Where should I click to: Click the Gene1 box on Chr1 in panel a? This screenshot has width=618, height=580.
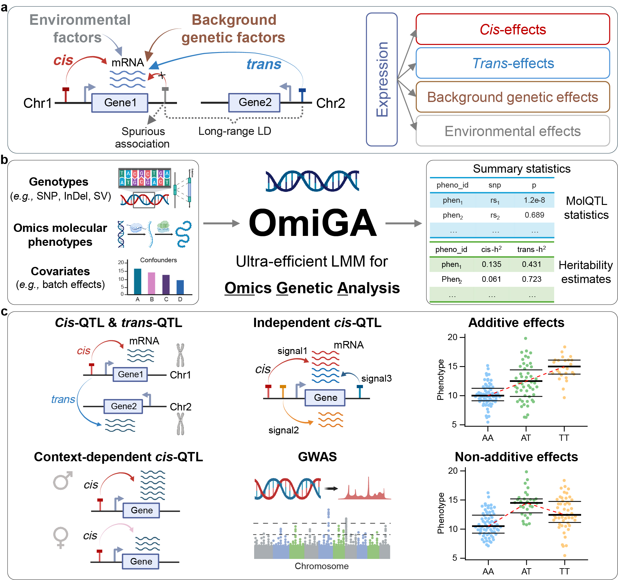tap(120, 103)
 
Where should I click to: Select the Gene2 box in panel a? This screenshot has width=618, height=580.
tap(254, 103)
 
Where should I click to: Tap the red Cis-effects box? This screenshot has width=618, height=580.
tap(512, 29)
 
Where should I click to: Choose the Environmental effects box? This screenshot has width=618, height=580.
tap(512, 131)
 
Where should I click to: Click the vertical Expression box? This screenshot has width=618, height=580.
tap(382, 79)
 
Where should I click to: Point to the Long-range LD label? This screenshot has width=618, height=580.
tap(235, 131)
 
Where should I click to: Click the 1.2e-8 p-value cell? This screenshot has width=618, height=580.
tap(534, 200)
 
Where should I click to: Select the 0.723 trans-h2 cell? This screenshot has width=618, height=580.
tap(531, 279)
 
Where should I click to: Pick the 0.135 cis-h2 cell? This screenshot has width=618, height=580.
tap(491, 264)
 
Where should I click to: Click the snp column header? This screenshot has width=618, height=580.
tap(494, 185)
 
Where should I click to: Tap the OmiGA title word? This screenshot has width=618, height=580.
tap(312, 223)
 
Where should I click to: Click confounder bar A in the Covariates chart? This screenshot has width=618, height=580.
tap(137, 281)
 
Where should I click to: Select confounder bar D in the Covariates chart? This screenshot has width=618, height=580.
tap(180, 287)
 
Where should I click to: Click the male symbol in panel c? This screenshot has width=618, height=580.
tap(63, 480)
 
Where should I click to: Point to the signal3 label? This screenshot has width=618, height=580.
tap(376, 379)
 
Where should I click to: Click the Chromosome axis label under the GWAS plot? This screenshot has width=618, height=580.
tap(321, 566)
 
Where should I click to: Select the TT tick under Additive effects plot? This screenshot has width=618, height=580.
tap(563, 438)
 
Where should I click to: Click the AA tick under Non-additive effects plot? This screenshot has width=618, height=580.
tap(488, 571)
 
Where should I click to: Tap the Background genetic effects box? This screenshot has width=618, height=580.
tap(512, 97)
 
